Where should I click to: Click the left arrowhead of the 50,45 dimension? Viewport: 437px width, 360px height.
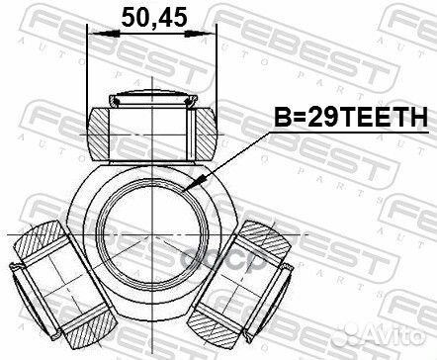pyautogui.click(x=95, y=36)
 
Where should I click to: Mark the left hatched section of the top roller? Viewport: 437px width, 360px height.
pyautogui.click(x=100, y=131)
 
